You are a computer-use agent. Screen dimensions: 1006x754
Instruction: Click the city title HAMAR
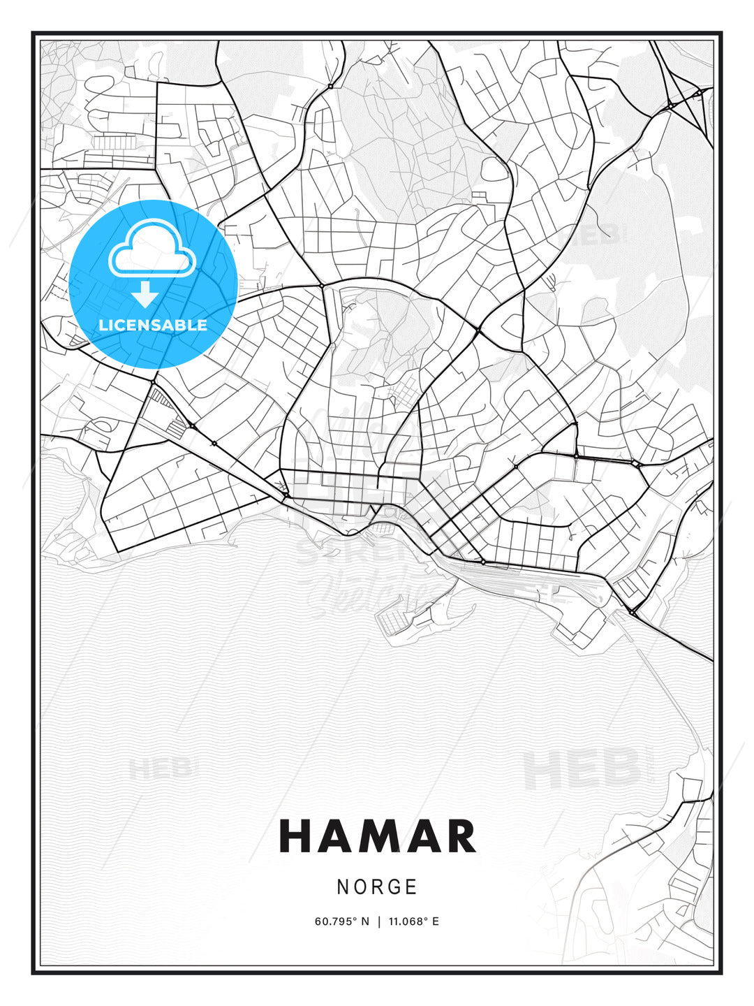[377, 836]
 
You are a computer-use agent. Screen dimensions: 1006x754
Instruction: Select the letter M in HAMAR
[377, 836]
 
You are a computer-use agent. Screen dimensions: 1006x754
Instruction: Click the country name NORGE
[377, 887]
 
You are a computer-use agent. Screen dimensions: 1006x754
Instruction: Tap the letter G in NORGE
[394, 887]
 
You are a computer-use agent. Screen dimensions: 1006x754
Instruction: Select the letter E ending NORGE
[411, 887]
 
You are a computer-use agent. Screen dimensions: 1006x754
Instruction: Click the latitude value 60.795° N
[341, 921]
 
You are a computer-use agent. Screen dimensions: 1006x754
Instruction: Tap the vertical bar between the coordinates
[379, 921]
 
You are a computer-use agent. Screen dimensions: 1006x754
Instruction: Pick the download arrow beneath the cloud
[145, 294]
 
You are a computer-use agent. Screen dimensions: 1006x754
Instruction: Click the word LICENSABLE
[153, 325]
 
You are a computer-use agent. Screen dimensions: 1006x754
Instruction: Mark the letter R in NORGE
[378, 887]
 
